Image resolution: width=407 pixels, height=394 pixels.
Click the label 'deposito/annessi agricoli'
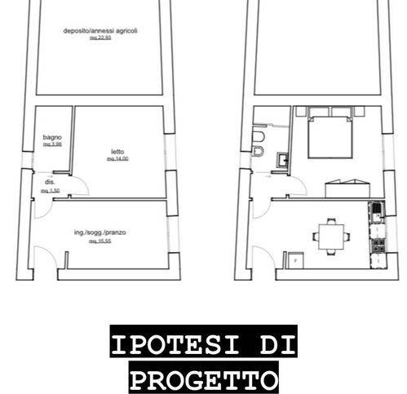click(x=102, y=31)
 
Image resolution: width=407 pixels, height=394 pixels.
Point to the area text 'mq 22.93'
click(x=100, y=38)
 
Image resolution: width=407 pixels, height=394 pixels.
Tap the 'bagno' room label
click(x=52, y=138)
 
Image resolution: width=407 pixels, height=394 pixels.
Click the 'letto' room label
click(x=117, y=152)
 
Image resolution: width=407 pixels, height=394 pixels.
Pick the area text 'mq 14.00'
click(x=117, y=159)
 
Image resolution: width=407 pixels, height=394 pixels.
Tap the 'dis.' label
click(x=50, y=184)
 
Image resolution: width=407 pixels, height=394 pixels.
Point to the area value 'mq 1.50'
click(x=50, y=191)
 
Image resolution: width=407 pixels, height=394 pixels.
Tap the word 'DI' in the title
click(x=273, y=347)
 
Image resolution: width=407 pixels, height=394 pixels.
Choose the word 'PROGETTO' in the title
click(x=203, y=379)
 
